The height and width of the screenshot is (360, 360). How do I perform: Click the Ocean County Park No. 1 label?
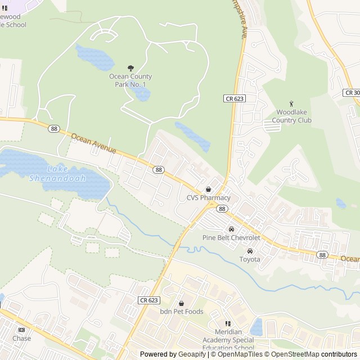130,80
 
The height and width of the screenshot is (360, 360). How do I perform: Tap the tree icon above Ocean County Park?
130,68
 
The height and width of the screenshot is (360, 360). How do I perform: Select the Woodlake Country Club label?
291,116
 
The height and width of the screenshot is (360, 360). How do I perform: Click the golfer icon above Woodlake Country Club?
291,103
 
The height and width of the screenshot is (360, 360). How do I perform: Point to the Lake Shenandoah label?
58,173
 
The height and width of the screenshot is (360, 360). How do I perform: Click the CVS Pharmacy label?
209,198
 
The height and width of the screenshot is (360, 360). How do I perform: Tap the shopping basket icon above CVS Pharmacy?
209,190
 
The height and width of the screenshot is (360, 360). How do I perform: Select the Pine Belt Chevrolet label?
231,237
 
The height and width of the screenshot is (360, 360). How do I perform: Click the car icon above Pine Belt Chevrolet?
231,229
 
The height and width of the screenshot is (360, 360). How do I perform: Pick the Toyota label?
250,259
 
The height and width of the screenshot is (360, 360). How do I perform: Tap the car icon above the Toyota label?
250,251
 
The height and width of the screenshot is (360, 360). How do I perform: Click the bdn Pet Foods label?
181,312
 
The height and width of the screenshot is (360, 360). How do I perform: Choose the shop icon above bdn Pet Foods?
181,303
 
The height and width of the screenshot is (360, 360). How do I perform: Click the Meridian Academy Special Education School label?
228,340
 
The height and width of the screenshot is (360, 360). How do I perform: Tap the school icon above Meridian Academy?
228,323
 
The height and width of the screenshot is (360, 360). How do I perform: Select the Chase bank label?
21,339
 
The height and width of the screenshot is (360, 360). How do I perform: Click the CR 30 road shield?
352,92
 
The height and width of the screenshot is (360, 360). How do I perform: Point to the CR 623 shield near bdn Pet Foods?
148,300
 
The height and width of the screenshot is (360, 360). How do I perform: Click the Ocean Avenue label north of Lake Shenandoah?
93,143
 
